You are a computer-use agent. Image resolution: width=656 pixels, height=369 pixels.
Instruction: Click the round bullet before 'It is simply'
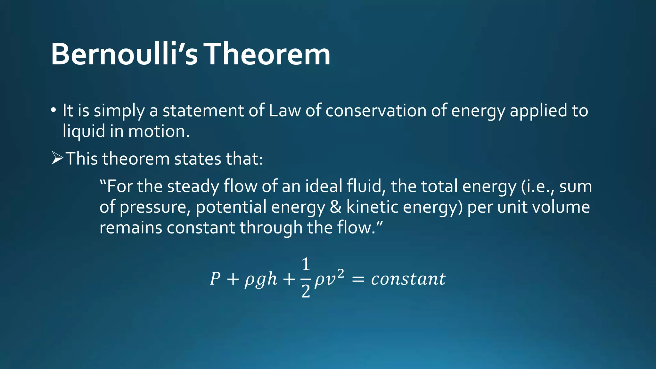tap(53, 110)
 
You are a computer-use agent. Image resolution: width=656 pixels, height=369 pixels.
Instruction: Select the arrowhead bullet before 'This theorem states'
tap(57, 158)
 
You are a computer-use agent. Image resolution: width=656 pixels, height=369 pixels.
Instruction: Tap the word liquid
tap(84, 131)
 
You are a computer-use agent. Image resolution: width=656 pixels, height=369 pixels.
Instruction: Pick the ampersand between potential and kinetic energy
tap(335, 207)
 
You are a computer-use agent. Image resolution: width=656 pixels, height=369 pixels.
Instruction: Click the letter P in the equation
tap(215, 279)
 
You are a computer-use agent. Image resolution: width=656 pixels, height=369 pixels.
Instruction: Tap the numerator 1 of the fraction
tap(306, 265)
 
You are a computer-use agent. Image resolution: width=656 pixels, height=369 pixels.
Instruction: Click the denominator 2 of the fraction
tap(306, 291)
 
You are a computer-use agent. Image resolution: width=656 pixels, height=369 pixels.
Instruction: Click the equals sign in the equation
tap(358, 279)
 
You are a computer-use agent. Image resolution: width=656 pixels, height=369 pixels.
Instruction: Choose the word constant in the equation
tap(408, 279)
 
